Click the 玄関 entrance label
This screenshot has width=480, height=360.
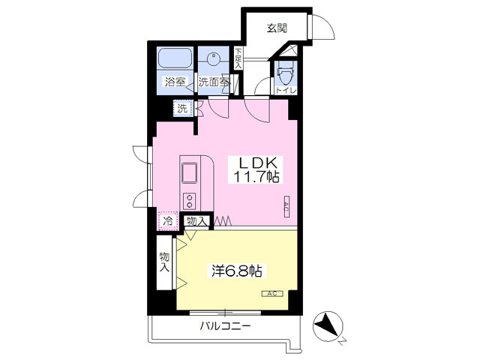click(x=277, y=28)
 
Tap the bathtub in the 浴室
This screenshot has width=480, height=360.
click(x=175, y=58)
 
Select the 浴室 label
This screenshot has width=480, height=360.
click(x=175, y=82)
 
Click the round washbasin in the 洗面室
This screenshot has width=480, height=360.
click(x=213, y=58)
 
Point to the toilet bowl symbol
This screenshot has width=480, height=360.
click(x=285, y=73)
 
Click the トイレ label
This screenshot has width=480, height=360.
click(x=286, y=91)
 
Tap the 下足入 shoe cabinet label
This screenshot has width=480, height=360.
click(x=238, y=58)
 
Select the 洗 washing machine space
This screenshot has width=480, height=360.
click(x=183, y=108)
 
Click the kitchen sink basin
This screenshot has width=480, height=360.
click(x=190, y=172)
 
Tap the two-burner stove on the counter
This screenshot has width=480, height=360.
click(x=190, y=201)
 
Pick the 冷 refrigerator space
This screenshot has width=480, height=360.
click(x=168, y=220)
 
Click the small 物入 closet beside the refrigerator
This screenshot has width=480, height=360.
click(x=196, y=220)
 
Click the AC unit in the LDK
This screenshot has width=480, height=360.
click(x=286, y=206)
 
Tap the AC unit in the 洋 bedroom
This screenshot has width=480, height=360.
click(x=272, y=293)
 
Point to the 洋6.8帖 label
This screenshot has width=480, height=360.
click(x=237, y=271)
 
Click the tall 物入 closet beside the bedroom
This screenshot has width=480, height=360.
click(x=165, y=262)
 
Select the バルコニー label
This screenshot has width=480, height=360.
click(x=225, y=325)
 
